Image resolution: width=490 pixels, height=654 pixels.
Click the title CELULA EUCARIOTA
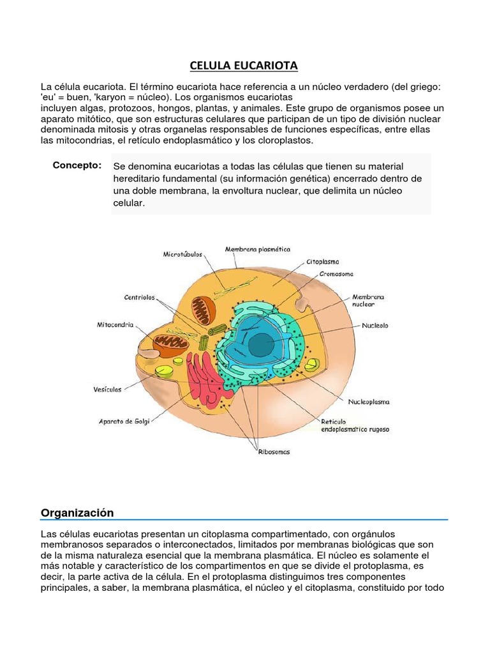244,65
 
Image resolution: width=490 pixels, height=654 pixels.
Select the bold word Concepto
77,165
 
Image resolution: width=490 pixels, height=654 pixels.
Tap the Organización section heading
77,512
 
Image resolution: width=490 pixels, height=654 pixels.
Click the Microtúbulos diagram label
183,254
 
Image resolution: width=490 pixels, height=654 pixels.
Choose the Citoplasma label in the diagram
323,261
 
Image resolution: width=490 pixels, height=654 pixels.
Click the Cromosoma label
336,273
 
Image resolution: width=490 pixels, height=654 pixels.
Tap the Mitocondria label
115,324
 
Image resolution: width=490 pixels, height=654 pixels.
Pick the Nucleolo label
375,325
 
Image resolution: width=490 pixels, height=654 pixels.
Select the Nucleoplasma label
368,402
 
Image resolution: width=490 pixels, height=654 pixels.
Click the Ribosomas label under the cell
274,452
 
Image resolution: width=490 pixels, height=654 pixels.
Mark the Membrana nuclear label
369,301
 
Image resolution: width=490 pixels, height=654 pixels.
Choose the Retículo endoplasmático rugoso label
354,426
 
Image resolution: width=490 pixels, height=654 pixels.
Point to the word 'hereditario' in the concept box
138,179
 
